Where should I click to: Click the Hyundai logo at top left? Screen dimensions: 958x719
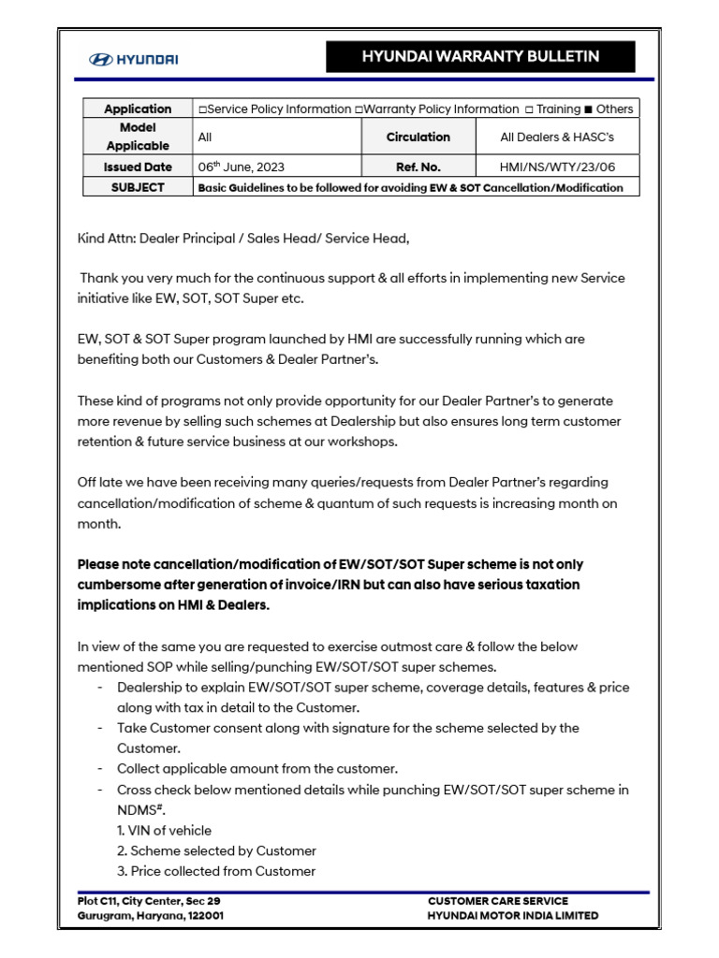(x=133, y=59)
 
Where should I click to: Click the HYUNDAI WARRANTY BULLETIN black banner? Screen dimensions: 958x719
(x=480, y=57)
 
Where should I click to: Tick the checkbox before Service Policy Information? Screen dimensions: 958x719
(x=202, y=109)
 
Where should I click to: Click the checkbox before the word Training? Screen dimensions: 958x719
(x=530, y=109)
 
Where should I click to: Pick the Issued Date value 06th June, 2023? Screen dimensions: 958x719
(x=242, y=167)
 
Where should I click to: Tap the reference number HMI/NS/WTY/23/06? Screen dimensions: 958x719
(x=557, y=167)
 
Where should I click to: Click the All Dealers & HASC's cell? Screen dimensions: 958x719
(x=557, y=137)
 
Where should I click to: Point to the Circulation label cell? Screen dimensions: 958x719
(x=418, y=137)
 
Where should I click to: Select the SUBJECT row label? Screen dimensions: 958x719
(x=138, y=187)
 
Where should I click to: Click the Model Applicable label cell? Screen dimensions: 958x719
(x=138, y=137)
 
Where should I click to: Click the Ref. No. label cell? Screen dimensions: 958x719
(x=418, y=167)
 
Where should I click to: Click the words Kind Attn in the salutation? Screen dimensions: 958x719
(x=105, y=239)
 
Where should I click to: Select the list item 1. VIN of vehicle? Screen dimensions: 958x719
(x=164, y=831)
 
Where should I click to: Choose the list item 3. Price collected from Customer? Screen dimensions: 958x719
(x=216, y=871)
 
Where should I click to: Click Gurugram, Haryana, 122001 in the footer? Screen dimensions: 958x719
(x=150, y=916)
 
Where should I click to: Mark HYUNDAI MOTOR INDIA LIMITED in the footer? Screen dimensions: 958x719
(x=513, y=916)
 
